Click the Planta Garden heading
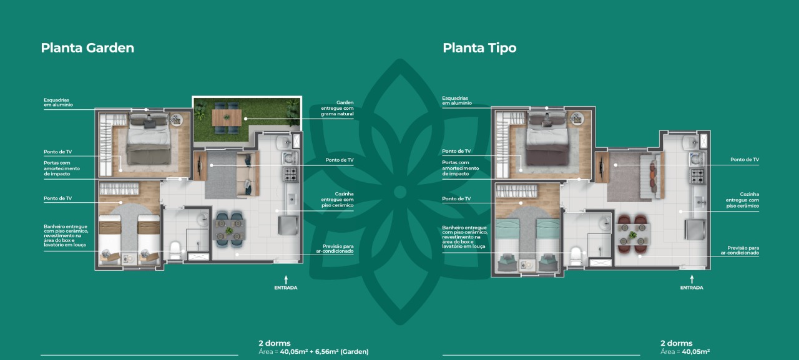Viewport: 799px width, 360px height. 87,48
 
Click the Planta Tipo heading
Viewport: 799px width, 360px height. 479,48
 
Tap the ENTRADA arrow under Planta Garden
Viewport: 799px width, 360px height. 286,280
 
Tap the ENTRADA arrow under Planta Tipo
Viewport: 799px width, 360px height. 692,280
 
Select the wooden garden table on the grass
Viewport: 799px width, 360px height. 227,118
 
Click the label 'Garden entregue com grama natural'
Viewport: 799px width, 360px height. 337,108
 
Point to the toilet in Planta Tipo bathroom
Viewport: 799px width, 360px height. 576,256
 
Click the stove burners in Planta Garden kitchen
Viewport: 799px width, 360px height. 290,174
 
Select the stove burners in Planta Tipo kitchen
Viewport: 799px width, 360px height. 697,176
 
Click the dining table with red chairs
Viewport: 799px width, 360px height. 633,234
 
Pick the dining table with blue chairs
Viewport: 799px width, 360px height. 229,229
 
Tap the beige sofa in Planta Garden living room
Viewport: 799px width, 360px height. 247,174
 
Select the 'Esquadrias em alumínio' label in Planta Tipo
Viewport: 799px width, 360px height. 457,100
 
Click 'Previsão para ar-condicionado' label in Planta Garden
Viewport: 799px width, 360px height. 335,249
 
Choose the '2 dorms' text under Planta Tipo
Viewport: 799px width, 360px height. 676,343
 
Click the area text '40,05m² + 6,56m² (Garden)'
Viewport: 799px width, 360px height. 324,352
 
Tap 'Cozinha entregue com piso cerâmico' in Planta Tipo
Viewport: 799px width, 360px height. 742,200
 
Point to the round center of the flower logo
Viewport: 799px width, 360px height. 400,192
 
